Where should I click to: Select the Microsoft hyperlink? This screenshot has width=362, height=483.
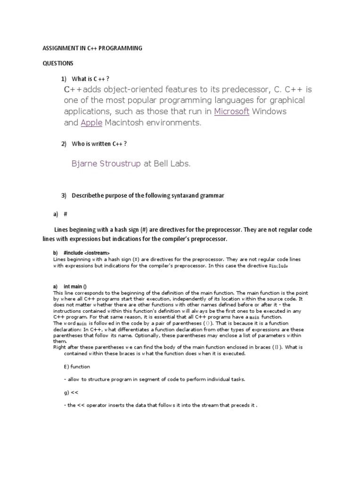point(231,112)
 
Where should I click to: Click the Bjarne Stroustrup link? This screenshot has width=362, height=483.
point(106,164)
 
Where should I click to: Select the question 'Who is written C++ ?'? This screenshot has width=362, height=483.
point(99,144)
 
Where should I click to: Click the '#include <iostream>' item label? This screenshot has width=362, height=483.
point(86,253)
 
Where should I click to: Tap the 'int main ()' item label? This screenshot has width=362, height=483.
point(75,287)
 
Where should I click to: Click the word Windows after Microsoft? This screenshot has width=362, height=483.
point(269,112)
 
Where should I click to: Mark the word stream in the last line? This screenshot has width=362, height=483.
point(209,405)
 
